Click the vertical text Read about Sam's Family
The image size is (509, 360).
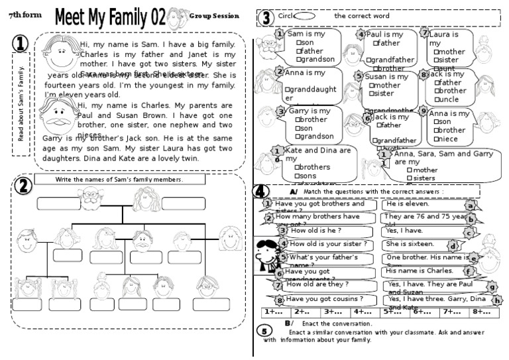21,103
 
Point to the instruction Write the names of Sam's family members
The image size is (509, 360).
119,179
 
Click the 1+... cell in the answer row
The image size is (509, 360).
274,312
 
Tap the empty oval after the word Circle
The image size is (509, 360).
304,16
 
